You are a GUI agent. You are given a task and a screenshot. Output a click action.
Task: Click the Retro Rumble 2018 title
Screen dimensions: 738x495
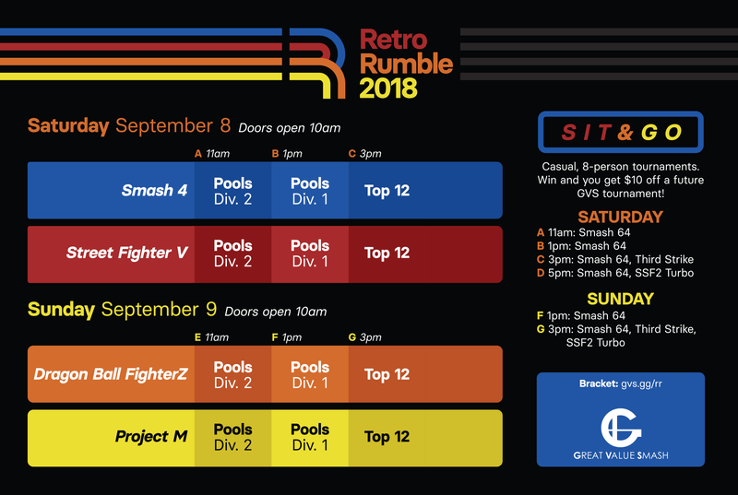(x=406, y=64)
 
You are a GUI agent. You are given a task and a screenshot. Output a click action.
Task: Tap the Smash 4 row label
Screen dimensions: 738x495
(x=154, y=191)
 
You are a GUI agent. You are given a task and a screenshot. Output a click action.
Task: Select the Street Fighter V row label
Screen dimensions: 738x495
(x=127, y=253)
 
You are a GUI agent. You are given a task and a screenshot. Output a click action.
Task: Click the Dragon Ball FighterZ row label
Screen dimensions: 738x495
(x=111, y=374)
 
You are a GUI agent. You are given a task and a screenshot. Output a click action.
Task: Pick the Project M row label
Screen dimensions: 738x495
(x=151, y=437)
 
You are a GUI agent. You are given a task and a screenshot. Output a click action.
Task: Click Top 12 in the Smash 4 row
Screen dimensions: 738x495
(x=387, y=191)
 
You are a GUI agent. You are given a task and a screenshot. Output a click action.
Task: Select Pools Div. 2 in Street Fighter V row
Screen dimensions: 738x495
(x=233, y=253)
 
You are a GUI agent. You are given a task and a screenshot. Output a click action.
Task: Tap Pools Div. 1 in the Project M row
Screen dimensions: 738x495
(x=310, y=437)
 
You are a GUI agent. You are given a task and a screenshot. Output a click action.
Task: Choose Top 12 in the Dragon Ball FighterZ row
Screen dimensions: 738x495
(x=387, y=374)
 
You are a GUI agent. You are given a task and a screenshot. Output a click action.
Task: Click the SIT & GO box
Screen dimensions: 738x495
(x=621, y=132)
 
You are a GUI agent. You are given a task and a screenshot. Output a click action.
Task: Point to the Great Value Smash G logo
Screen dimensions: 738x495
(x=621, y=428)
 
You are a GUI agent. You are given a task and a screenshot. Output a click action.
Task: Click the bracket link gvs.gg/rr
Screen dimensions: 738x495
(x=641, y=383)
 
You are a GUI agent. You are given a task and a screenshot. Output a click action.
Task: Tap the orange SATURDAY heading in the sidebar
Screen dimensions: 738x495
(x=620, y=217)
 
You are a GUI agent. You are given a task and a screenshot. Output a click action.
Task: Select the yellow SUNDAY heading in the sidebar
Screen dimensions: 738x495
(x=620, y=299)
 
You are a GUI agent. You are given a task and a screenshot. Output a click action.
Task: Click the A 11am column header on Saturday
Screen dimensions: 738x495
(x=212, y=154)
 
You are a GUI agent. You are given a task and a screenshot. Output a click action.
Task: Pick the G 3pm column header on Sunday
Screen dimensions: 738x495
(x=364, y=337)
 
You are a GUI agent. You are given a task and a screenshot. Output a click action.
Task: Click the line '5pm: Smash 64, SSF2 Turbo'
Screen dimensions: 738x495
(x=621, y=273)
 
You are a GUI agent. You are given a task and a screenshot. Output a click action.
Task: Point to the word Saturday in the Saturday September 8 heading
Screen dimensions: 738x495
(x=68, y=126)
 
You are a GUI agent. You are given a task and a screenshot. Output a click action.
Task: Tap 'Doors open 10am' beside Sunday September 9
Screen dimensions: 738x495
(x=275, y=312)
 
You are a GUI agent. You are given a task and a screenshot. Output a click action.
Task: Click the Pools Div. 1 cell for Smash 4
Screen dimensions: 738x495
(x=310, y=191)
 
